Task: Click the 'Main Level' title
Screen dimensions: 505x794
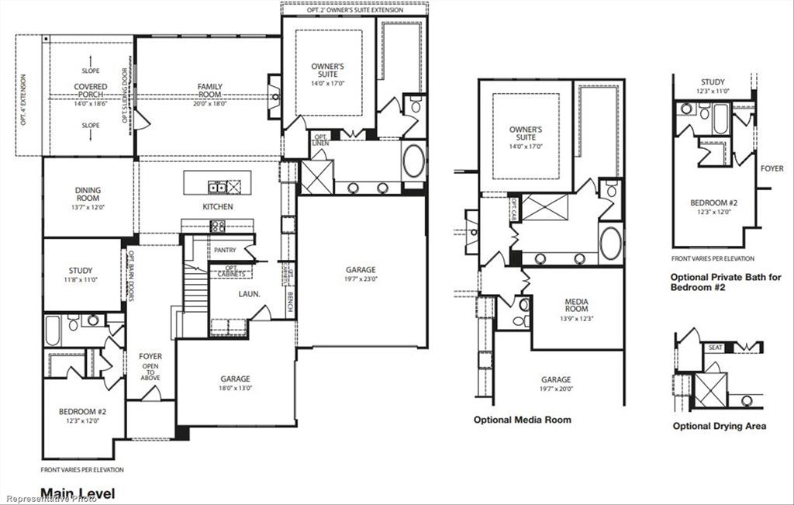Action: click(x=77, y=493)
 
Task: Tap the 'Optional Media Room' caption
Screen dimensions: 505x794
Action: click(x=522, y=420)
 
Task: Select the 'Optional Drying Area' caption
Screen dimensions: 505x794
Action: click(x=719, y=426)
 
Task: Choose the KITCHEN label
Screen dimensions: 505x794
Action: click(x=217, y=207)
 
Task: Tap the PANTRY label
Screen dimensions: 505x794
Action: click(x=225, y=251)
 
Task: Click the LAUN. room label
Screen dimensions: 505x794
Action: click(x=248, y=294)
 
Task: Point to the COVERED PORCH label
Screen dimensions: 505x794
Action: click(x=91, y=91)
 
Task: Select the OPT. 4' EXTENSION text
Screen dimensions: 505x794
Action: click(x=24, y=100)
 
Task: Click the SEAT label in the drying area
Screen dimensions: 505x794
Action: click(x=714, y=348)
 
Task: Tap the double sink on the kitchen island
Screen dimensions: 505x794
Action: click(x=219, y=185)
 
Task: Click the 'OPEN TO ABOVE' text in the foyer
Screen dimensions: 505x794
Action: click(x=150, y=373)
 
